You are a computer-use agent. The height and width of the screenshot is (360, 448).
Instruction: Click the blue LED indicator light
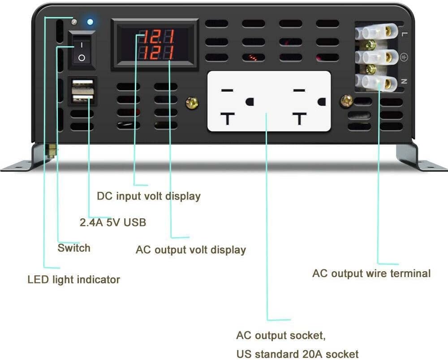(x=90, y=22)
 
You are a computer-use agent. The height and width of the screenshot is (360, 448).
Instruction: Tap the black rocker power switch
(x=82, y=51)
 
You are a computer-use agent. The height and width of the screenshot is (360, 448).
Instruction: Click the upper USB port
(x=82, y=85)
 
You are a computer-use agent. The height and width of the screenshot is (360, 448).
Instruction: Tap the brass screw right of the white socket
(x=346, y=101)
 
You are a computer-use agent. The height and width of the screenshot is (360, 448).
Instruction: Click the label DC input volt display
(x=149, y=196)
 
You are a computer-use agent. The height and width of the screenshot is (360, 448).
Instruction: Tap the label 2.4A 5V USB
(x=112, y=222)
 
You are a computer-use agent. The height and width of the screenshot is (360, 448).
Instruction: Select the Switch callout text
(x=74, y=248)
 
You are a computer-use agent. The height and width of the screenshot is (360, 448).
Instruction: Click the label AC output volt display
(x=190, y=250)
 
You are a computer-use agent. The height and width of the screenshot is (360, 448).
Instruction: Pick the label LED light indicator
(x=74, y=280)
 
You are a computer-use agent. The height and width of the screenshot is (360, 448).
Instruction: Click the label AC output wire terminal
(x=371, y=273)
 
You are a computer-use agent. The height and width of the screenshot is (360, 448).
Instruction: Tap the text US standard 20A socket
(x=297, y=353)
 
